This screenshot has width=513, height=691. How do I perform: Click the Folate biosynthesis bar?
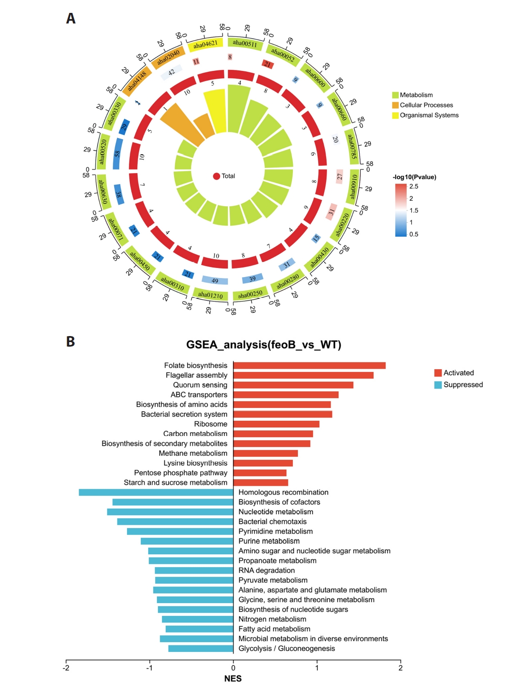point(309,366)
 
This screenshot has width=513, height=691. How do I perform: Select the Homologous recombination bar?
point(156,492)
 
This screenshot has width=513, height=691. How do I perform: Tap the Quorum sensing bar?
point(293,385)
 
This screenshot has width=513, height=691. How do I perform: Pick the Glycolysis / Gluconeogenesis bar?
point(201,648)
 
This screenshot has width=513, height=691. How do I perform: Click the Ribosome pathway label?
point(211,424)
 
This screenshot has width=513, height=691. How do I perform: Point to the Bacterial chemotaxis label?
point(273,522)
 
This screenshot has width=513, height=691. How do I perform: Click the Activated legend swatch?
point(438,373)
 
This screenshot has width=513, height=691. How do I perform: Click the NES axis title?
point(233,679)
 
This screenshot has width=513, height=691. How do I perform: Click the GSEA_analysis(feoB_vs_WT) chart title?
point(264,345)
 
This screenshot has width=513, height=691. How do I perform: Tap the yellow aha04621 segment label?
point(205,45)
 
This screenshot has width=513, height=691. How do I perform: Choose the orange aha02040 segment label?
point(168,58)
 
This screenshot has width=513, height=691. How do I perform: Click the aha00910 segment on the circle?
point(352,186)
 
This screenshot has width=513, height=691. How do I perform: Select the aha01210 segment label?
point(210,295)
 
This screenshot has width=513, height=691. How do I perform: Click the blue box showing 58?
point(117,154)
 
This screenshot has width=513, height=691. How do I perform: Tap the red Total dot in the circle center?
point(216,176)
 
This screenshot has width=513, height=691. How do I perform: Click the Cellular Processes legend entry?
point(423,105)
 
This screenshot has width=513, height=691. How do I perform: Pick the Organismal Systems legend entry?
point(426,115)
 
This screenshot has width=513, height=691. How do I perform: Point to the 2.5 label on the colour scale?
point(414,186)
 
